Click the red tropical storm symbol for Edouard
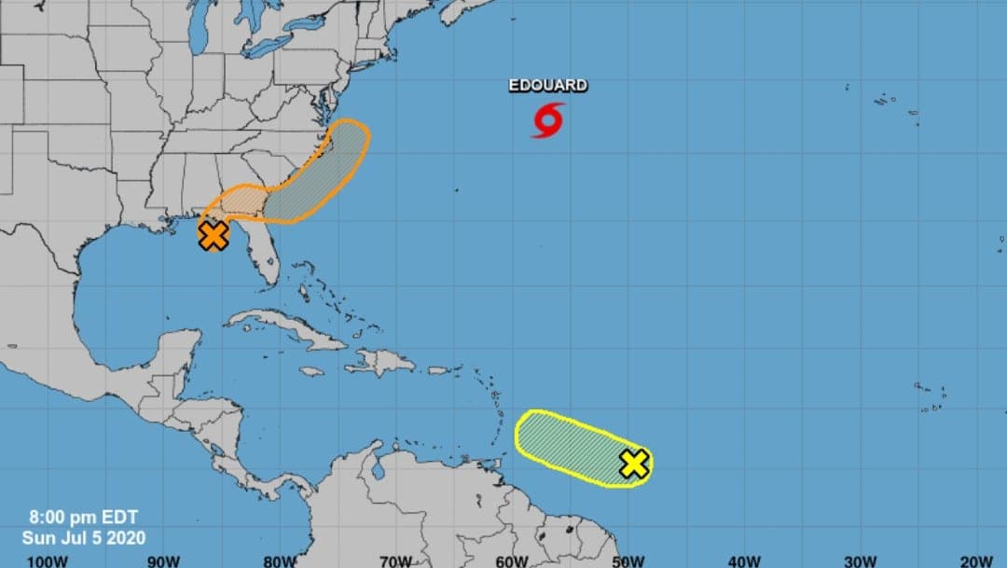pyautogui.click(x=548, y=120)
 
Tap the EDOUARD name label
pyautogui.click(x=548, y=86)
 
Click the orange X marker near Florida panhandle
pyautogui.click(x=214, y=235)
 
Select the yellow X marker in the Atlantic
pyautogui.click(x=634, y=463)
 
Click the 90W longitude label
pyautogui.click(x=163, y=561)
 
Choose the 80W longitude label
pyautogui.click(x=280, y=561)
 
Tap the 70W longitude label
pyautogui.click(x=396, y=561)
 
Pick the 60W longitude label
pyautogui.click(x=513, y=561)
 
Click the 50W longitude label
pyautogui.click(x=628, y=561)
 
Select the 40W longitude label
pyautogui.click(x=745, y=561)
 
